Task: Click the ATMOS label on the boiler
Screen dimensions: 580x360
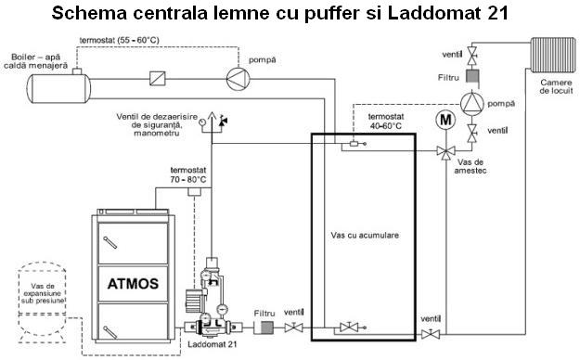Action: point(133,284)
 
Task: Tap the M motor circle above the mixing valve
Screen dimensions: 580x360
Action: point(445,120)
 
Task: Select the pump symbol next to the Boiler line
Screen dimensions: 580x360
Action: point(238,79)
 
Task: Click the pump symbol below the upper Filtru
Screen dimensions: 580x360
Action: point(472,102)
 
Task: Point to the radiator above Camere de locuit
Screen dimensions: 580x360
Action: point(553,55)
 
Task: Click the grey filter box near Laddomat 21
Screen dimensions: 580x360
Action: point(267,328)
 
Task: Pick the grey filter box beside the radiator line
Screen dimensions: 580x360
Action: point(472,76)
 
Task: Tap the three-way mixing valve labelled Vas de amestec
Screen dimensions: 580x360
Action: point(445,151)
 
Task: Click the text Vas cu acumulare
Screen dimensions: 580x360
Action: point(365,235)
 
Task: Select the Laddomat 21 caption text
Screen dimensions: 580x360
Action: point(212,344)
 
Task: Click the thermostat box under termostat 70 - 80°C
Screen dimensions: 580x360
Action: point(195,192)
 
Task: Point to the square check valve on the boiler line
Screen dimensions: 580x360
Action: point(158,79)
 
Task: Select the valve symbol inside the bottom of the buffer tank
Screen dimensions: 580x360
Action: point(349,328)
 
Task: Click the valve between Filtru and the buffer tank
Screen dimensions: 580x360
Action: point(293,328)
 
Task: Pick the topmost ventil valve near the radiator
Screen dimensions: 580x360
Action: point(472,55)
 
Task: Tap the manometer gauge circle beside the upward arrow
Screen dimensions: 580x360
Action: point(202,122)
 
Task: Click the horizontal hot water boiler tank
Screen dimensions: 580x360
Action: point(58,88)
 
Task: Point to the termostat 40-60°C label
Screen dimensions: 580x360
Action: point(386,122)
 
